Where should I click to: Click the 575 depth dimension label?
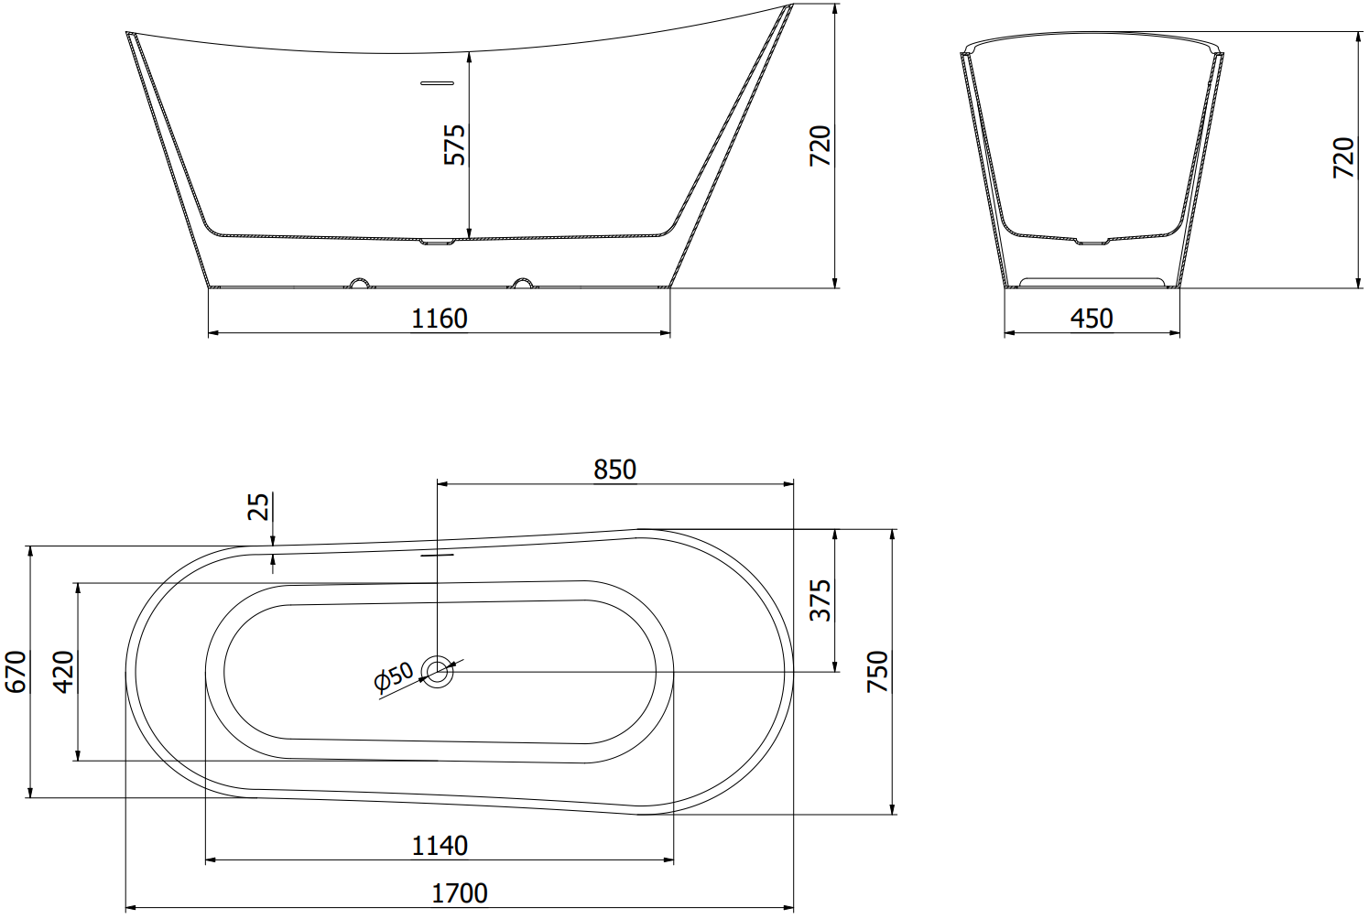[455, 145]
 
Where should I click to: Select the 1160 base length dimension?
[440, 319]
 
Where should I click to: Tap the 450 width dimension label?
[1092, 319]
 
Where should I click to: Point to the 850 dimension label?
[614, 470]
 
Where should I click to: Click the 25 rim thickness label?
[258, 506]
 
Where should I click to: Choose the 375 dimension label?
[820, 600]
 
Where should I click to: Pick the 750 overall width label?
[877, 672]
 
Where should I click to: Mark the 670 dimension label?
[16, 672]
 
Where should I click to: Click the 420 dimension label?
[63, 672]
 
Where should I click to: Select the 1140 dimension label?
[440, 847]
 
